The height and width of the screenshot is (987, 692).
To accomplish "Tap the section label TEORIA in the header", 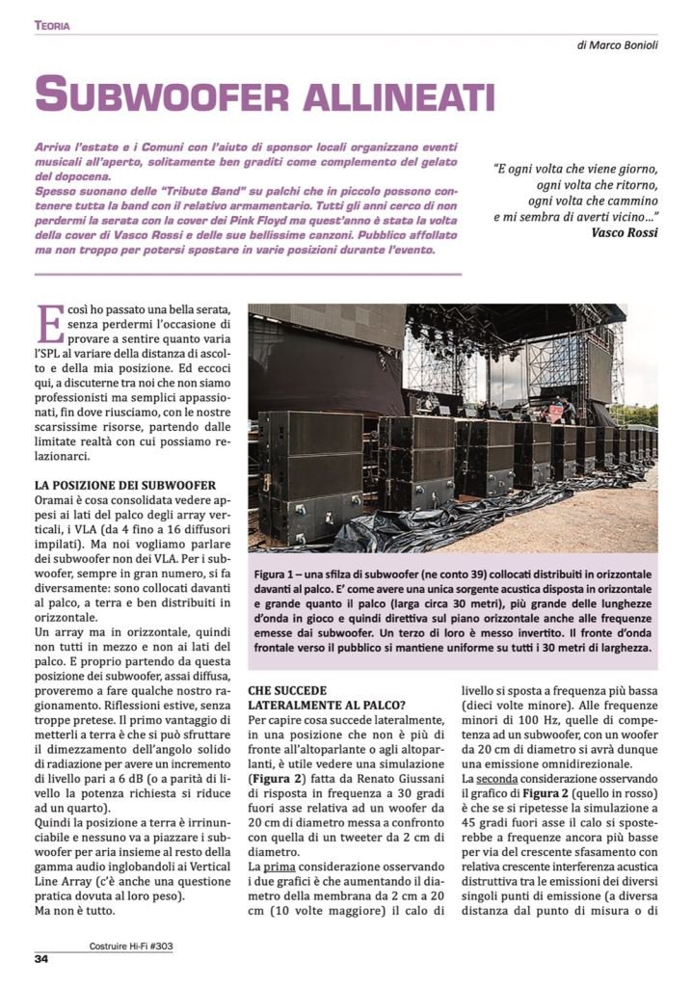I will tap(53, 25).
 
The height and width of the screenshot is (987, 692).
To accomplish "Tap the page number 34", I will tap(41, 958).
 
